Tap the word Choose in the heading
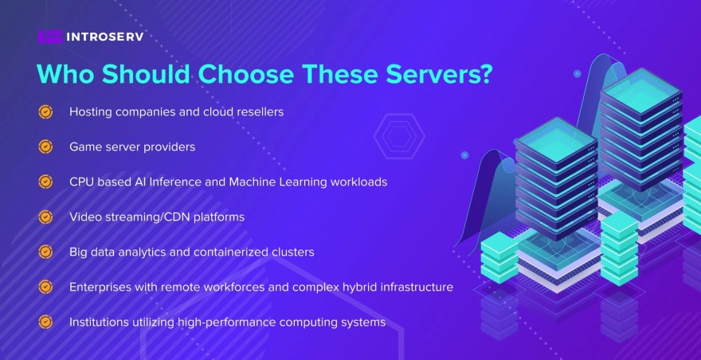pyautogui.click(x=238, y=74)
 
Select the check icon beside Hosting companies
pyautogui.click(x=45, y=112)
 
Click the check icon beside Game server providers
pyautogui.click(x=45, y=147)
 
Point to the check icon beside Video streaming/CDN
pyautogui.click(x=45, y=217)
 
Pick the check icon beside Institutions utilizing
pyautogui.click(x=45, y=322)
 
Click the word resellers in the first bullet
pyautogui.click(x=257, y=112)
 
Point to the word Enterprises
pyautogui.click(x=100, y=287)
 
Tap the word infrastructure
pyautogui.click(x=414, y=287)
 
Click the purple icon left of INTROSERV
pyautogui.click(x=49, y=36)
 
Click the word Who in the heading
pyautogui.click(x=62, y=74)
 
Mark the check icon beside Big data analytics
pyautogui.click(x=45, y=252)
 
